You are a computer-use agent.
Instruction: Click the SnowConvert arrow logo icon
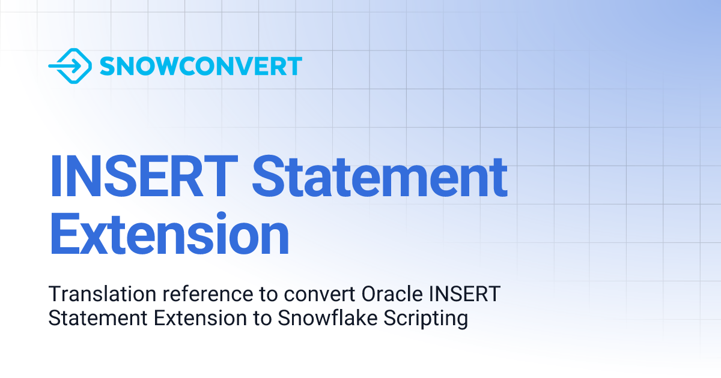[70, 66]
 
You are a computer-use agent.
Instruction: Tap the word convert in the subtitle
[321, 295]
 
